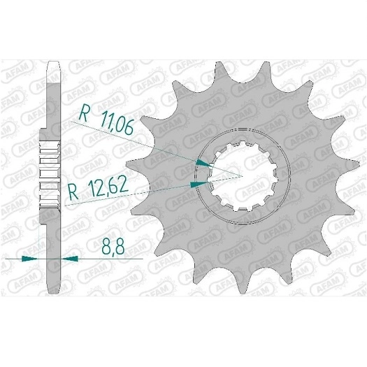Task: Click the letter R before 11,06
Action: (84, 113)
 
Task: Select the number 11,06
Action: (116, 124)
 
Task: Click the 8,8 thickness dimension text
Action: (113, 247)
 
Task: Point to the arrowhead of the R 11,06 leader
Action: (204, 163)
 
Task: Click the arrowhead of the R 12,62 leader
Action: (199, 185)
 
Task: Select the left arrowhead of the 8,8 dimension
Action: (29, 259)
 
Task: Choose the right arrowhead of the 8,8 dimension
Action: (70, 259)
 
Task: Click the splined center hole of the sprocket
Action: (243, 175)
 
